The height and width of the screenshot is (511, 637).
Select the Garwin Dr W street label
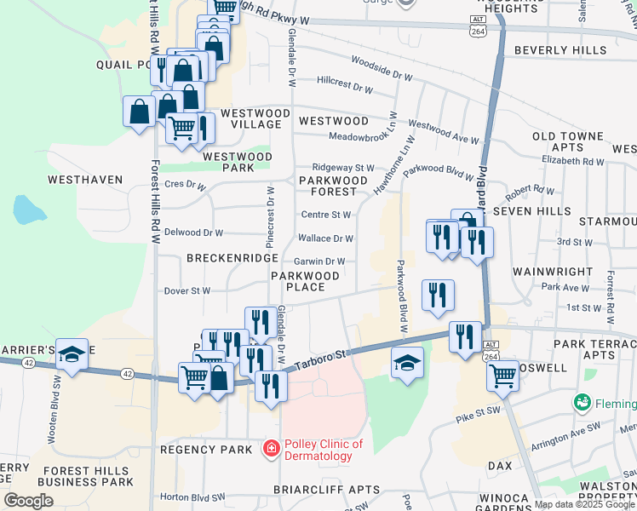pos(320,261)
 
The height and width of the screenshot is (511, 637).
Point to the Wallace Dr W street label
pos(325,238)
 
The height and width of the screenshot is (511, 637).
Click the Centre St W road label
pos(325,215)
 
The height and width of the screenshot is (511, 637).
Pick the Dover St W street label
pos(188,290)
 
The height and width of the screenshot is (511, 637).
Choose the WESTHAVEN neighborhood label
pos(85,180)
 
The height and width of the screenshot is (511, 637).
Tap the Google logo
pos(28,501)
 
